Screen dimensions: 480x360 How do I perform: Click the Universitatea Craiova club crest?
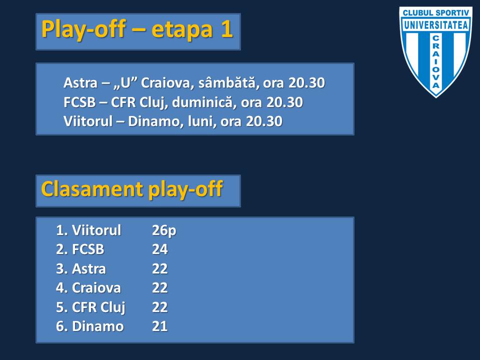pos(435,52)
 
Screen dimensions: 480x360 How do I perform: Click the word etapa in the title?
pos(182,29)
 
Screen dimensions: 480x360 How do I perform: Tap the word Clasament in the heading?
pos(92,189)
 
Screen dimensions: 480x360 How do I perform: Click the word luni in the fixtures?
pos(200,121)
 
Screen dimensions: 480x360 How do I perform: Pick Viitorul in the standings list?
pos(96,230)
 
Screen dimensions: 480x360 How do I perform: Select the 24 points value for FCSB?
pos(160,249)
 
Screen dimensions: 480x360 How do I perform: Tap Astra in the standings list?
pos(89,269)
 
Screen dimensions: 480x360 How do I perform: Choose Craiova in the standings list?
pos(96,288)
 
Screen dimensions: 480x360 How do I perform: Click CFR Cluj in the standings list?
pos(98,307)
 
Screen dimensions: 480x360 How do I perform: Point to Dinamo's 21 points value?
pos(160,326)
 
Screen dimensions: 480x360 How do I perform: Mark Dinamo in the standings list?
pos(97,326)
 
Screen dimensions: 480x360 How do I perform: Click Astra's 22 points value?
pos(160,269)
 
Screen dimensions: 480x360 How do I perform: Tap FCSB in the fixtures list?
pos(79,102)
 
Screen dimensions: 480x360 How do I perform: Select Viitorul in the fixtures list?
pos(88,121)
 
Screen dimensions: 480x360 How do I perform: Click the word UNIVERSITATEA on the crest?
pos(436,25)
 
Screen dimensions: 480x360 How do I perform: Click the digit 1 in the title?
pos(226,29)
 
